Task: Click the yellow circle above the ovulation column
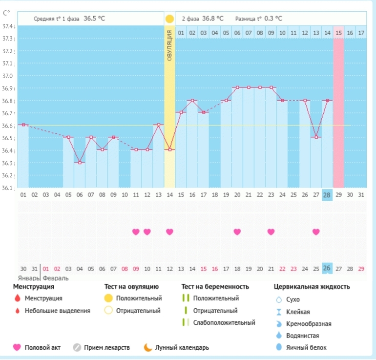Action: point(169,19)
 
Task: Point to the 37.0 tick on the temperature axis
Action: point(8,76)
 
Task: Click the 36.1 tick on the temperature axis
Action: point(8,188)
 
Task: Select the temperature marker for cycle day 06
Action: point(80,163)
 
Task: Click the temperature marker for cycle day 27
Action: point(316,137)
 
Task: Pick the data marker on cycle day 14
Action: point(169,149)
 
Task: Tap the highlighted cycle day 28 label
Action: point(327,195)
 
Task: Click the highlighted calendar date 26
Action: point(327,268)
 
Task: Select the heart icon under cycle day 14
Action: point(169,232)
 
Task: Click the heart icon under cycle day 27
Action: point(316,232)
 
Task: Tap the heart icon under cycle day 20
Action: point(237,232)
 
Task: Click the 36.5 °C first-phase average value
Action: point(94,19)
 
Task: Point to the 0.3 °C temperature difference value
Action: point(273,19)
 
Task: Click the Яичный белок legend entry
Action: point(306,348)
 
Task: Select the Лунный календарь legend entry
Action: point(182,348)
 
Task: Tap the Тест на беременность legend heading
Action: point(215,286)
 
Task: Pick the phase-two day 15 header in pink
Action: point(338,33)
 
